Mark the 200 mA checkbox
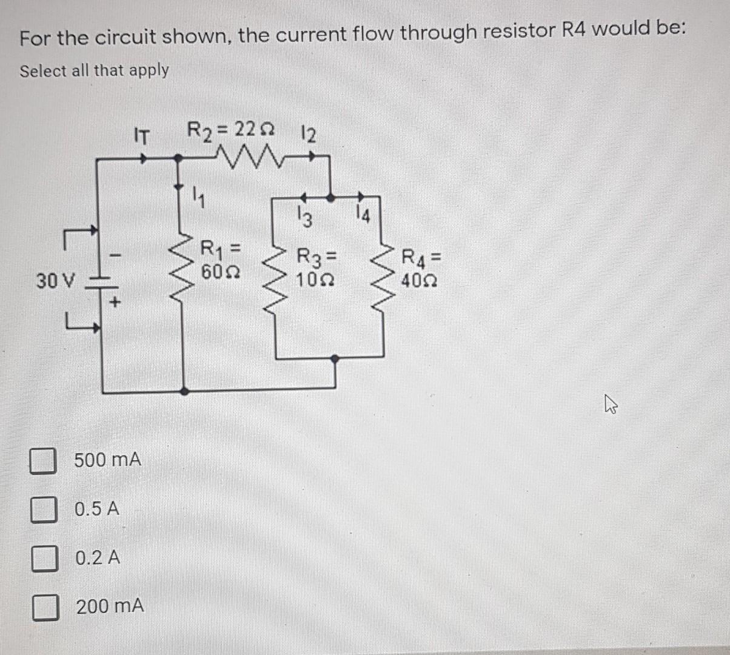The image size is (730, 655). click(45, 607)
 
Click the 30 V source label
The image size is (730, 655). click(55, 281)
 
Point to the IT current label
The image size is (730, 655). click(141, 136)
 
